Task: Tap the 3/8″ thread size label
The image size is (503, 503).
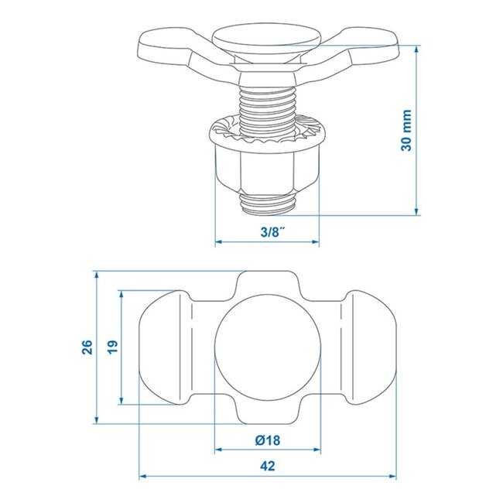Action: coord(266,231)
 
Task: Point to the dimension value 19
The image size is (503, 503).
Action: coord(112,347)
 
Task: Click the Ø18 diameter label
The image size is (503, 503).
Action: coord(267,440)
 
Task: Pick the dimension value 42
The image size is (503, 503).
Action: coord(267,467)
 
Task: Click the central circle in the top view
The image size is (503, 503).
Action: coord(267,347)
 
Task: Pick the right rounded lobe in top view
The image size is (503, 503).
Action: coord(370,347)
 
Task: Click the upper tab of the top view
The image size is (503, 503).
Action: coord(267,283)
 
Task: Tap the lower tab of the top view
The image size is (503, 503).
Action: coord(267,412)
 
